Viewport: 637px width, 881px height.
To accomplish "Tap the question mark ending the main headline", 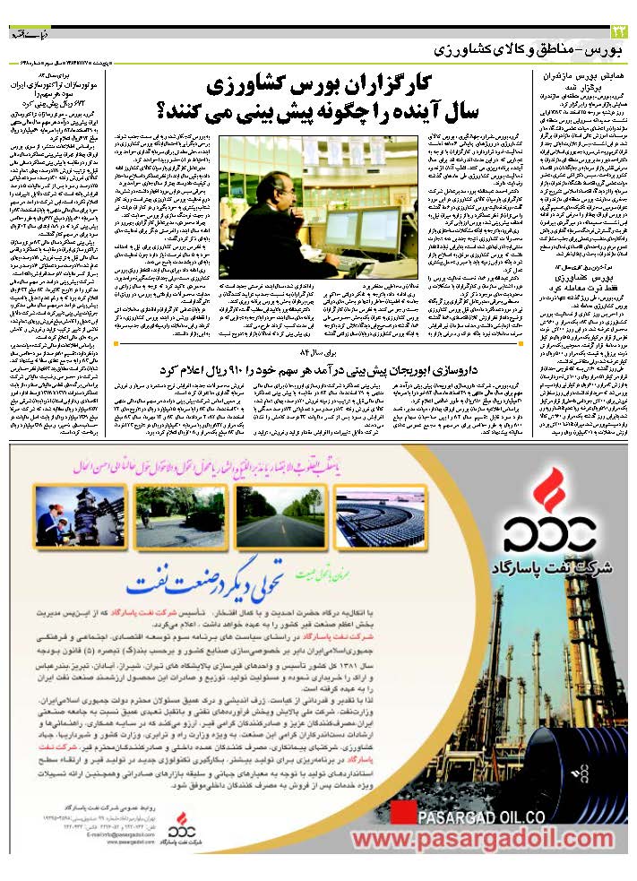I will [164, 112].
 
